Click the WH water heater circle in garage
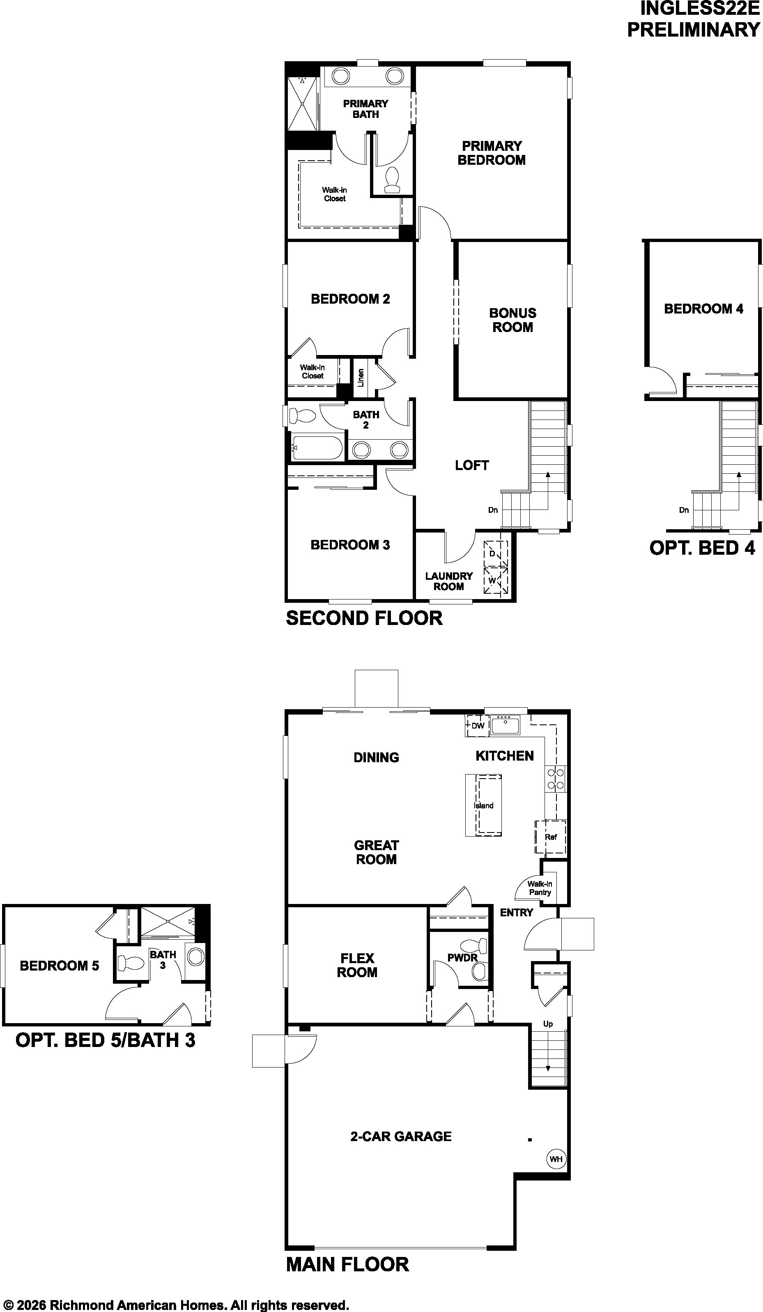(556, 1159)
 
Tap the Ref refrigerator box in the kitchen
(551, 837)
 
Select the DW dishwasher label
(478, 725)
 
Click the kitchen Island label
(483, 805)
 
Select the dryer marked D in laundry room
(495, 553)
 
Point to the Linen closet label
(361, 378)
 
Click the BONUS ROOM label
(512, 320)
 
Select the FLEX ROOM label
(357, 965)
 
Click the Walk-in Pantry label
(540, 888)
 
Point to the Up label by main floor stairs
(548, 1024)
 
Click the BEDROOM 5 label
(59, 966)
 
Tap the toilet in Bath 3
(130, 963)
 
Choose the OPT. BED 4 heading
(702, 548)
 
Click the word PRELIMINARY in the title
(694, 30)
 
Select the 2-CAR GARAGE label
(401, 1136)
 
